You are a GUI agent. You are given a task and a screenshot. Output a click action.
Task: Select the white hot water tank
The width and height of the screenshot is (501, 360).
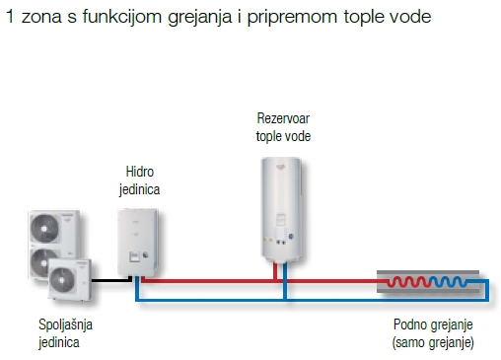click(283, 207)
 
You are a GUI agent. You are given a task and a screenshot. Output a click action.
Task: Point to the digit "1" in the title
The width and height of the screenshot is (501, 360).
click(9, 18)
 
